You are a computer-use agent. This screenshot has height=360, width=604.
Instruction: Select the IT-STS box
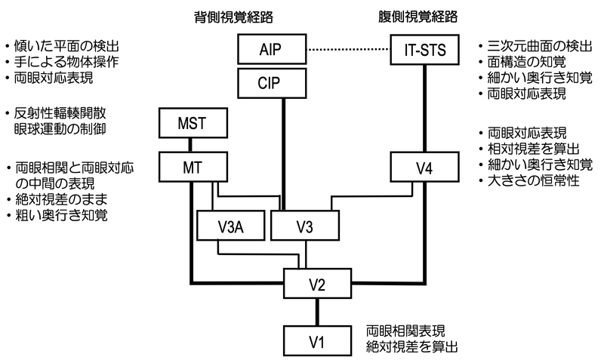coord(422,51)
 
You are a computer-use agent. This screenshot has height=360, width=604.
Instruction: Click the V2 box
coord(317,284)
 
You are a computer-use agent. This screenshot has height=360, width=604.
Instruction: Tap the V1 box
coord(317,340)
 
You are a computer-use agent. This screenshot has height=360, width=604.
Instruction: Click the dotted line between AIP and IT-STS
coord(347,51)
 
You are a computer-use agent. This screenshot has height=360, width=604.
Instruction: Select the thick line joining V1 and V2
coord(317,312)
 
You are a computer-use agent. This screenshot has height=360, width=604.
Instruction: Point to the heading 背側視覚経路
coord(236,15)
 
